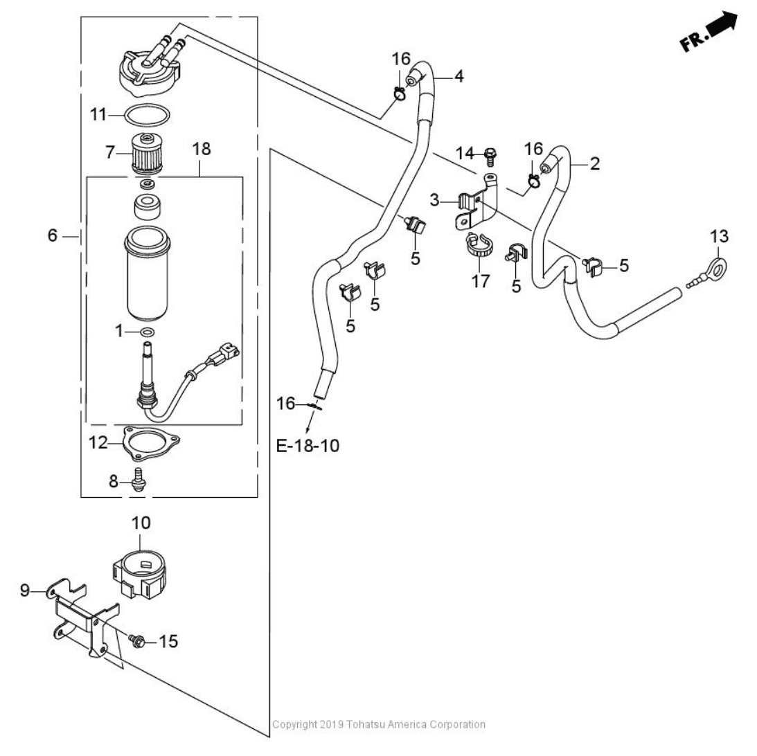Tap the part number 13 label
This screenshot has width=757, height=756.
[719, 237]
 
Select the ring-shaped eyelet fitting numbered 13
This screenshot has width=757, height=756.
[719, 265]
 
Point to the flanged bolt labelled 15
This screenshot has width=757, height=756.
[136, 640]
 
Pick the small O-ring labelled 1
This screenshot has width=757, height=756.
[148, 332]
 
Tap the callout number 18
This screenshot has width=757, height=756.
[201, 148]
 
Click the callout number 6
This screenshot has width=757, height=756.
[53, 236]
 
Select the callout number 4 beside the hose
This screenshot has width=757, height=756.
[458, 76]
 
